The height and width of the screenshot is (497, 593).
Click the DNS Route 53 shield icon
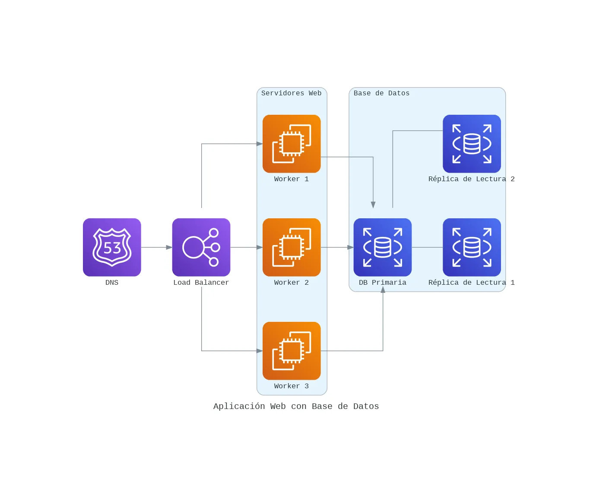tap(112, 247)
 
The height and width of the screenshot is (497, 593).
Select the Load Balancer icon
tap(201, 247)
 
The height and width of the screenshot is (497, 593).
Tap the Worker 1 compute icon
tap(292, 144)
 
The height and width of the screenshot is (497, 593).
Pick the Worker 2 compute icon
tap(292, 247)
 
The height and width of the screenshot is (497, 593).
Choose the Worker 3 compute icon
tap(292, 351)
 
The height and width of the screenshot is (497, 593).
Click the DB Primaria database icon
tap(382, 247)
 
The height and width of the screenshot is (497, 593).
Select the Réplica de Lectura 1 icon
tap(472, 247)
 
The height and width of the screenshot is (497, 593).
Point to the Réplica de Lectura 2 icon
tap(472, 144)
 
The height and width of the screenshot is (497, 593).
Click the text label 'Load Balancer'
tap(201, 283)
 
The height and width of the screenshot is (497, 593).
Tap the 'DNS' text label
tap(112, 283)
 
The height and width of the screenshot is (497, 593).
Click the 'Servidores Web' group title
tap(291, 93)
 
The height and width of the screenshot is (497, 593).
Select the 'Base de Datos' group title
tap(381, 93)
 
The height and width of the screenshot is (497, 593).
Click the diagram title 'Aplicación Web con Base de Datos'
tap(296, 406)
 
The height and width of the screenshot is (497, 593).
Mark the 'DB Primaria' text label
tap(382, 283)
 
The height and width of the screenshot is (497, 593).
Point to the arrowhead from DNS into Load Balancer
tap(169, 247)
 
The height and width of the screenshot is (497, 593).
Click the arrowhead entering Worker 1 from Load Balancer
tap(259, 144)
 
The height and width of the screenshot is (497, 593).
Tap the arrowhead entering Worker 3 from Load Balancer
tap(259, 351)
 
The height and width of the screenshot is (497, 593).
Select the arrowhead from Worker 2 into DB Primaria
tap(350, 247)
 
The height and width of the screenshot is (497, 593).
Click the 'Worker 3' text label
tap(291, 386)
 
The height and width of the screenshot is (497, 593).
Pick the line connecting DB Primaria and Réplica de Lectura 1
tap(427, 247)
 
